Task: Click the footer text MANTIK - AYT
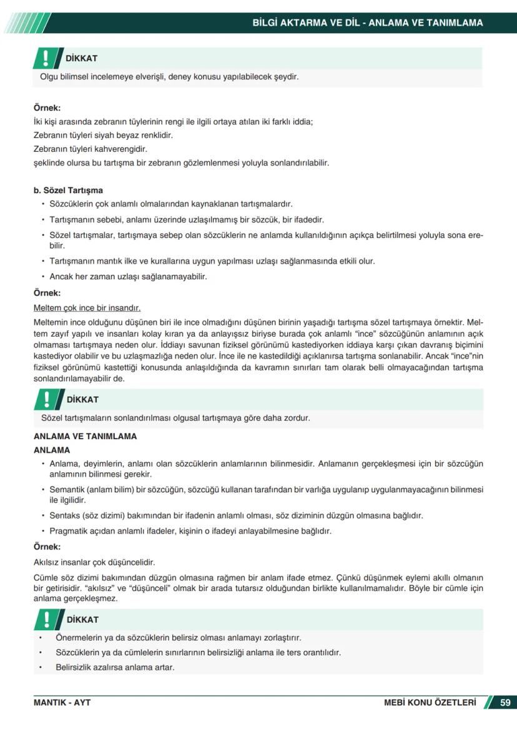click(62, 703)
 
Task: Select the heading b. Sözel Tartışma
click(68, 191)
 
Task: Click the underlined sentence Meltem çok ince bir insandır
click(87, 308)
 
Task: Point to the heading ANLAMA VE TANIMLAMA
click(85, 437)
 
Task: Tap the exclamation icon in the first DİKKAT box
click(45, 58)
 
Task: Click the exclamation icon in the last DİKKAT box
click(45, 620)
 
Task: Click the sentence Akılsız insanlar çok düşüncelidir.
click(94, 562)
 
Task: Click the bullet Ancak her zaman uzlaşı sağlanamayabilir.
click(128, 276)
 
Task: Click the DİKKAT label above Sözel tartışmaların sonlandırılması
click(82, 400)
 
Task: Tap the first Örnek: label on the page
click(47, 108)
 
